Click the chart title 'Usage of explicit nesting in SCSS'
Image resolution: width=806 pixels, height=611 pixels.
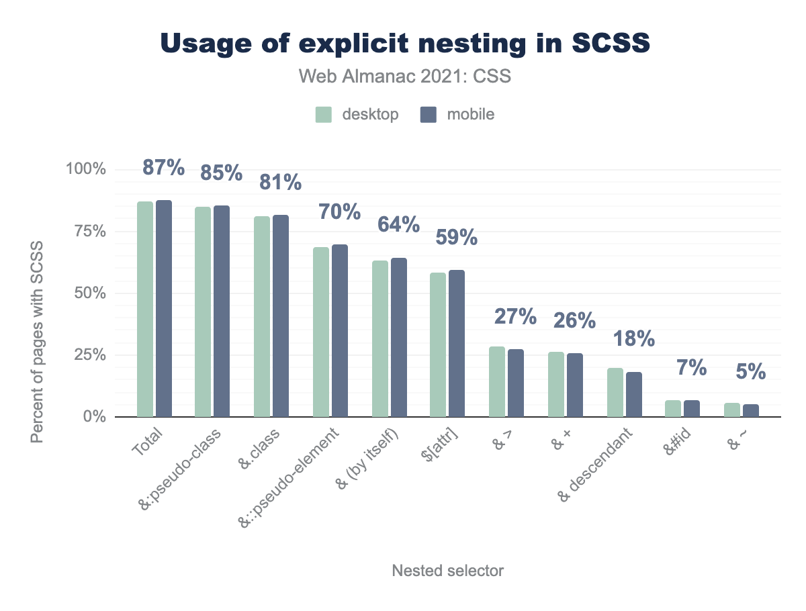coord(405,43)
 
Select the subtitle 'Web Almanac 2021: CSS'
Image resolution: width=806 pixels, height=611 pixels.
coord(405,77)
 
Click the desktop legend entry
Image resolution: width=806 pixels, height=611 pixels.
coord(358,114)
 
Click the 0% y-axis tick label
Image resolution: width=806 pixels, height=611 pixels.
coord(94,417)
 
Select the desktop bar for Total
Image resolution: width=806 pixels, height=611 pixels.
coord(145,309)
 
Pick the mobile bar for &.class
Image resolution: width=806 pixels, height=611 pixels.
coord(280,316)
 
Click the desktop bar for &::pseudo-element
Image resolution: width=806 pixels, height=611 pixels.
coord(321,332)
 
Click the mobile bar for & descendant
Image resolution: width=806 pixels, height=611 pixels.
coord(633,394)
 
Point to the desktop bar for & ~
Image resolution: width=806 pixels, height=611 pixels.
coord(732,410)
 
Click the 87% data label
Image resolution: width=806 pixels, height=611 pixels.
coord(164,168)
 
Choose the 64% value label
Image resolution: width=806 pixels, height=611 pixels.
coord(399,224)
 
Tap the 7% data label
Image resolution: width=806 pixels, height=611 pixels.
coord(692,368)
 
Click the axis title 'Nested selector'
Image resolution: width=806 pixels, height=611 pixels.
coord(447,571)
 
